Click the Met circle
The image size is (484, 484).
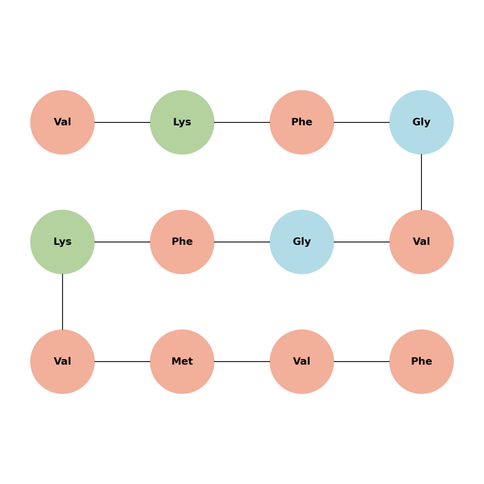[182, 361]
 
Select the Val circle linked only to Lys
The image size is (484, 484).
[62, 122]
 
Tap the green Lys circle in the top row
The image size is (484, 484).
[182, 122]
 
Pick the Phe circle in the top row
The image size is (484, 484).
[302, 122]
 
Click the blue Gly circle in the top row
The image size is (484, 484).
[421, 122]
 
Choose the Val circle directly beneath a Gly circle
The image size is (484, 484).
[421, 242]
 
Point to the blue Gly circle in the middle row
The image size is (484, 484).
[302, 242]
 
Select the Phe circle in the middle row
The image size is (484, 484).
[182, 242]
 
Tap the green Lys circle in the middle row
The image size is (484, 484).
[62, 242]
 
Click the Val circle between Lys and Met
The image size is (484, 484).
[62, 361]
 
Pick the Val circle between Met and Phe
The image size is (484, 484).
[302, 361]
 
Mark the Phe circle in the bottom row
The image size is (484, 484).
[421, 361]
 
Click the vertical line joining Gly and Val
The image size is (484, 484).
[421, 182]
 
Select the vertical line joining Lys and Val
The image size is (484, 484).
[62, 302]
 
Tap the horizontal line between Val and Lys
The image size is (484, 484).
[122, 122]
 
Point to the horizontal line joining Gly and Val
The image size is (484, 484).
[362, 242]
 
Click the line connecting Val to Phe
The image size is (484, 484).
[362, 361]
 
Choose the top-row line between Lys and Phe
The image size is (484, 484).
[242, 122]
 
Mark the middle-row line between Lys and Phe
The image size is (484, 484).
[122, 242]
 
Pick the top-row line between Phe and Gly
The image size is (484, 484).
[362, 122]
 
